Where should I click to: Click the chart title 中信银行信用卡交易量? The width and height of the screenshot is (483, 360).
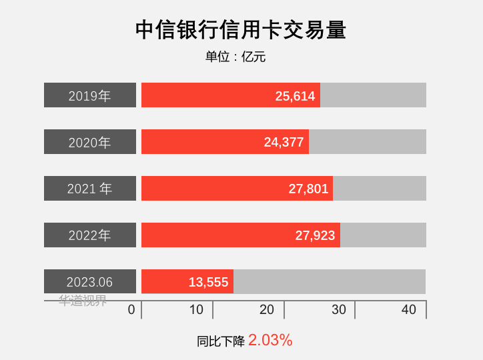pyautogui.click(x=241, y=30)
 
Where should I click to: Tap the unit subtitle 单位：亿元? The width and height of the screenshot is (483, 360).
pyautogui.click(x=235, y=57)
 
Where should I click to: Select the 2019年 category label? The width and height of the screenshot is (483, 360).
pyautogui.click(x=90, y=95)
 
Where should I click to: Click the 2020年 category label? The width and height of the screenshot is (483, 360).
pyautogui.click(x=90, y=142)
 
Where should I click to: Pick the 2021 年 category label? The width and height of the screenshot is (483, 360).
pyautogui.click(x=90, y=189)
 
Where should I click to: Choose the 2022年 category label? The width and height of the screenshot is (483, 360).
pyautogui.click(x=90, y=235)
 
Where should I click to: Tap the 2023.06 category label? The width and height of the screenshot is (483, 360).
pyautogui.click(x=90, y=282)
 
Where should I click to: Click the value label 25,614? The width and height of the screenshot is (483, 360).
pyautogui.click(x=295, y=96)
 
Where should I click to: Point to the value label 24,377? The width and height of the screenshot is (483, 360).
pyautogui.click(x=284, y=142)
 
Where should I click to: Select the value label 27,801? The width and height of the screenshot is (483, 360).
pyautogui.click(x=308, y=189)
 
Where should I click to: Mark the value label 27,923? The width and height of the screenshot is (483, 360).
pyautogui.click(x=315, y=235)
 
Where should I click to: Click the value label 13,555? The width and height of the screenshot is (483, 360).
pyautogui.click(x=208, y=282)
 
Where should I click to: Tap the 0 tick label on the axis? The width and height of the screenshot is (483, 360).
pyautogui.click(x=131, y=309)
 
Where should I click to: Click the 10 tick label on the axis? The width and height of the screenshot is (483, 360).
pyautogui.click(x=196, y=309)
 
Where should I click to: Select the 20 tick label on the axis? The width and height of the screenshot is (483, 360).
pyautogui.click(x=267, y=309)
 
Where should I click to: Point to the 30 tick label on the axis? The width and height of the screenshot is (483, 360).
pyautogui.click(x=339, y=309)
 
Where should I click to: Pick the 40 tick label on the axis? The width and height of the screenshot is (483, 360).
pyautogui.click(x=409, y=309)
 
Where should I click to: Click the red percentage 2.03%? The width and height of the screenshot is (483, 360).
pyautogui.click(x=270, y=340)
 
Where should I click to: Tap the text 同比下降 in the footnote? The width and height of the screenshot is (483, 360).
pyautogui.click(x=221, y=341)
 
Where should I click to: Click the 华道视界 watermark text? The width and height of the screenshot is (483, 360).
pyautogui.click(x=83, y=301)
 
